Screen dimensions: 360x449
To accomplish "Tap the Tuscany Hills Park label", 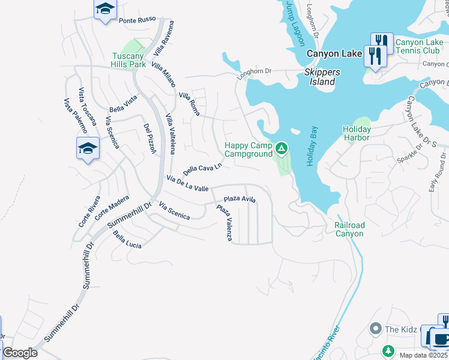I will [129, 60].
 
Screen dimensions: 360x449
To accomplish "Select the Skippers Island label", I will [322, 77].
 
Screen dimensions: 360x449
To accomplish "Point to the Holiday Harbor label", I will [357, 133].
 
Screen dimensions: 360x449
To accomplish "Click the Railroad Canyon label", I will [349, 229].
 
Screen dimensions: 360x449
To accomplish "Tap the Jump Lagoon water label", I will [295, 23].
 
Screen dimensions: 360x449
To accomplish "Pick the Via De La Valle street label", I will [187, 184].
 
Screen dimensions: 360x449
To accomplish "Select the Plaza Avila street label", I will [240, 199].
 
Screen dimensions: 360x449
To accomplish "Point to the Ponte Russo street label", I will [137, 20].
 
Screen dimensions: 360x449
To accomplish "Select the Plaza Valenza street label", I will [224, 223].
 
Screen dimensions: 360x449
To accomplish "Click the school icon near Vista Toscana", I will [88, 148].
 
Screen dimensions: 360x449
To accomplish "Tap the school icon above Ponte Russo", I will [105, 9].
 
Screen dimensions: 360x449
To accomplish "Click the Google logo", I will [20, 353].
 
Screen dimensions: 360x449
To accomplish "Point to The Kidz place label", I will [400, 329].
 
